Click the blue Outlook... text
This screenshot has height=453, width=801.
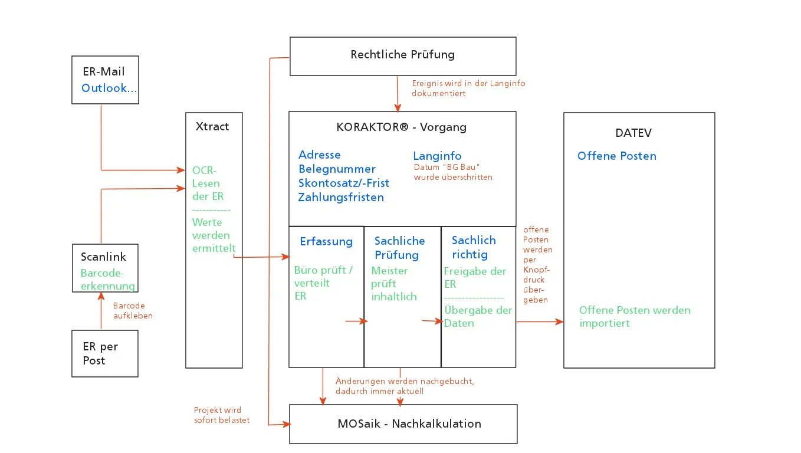pos(109,88)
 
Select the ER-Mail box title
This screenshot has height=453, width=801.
pos(104,72)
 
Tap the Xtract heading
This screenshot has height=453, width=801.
pos(212,126)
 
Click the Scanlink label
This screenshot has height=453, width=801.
pos(103,257)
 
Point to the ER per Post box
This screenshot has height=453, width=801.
pos(104,353)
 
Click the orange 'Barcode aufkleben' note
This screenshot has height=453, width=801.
pos(133,311)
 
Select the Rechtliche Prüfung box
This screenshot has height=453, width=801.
pos(402,55)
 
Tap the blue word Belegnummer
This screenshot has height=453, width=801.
pos(337,169)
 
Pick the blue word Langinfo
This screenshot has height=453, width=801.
pos(437,156)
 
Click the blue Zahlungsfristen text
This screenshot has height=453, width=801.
pos(341,197)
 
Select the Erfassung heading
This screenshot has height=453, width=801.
pos(326,241)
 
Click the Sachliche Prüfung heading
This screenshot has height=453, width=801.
pos(399,248)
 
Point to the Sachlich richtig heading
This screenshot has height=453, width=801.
pos(473,247)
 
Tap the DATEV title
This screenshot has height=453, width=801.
pos(633,133)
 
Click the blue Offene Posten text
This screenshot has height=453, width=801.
pos(616,156)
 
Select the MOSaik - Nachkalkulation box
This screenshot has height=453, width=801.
pos(403,424)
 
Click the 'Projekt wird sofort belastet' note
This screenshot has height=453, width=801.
pos(221,415)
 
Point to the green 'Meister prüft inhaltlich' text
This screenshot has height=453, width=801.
pos(393,284)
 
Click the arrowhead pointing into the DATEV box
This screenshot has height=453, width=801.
pos(560,321)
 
